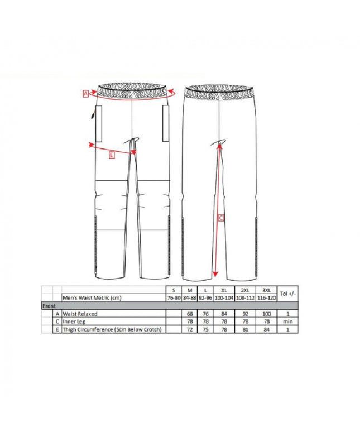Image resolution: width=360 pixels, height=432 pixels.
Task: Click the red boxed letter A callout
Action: tap(85, 94)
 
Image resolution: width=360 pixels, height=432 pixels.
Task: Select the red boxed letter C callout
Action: tap(221, 218)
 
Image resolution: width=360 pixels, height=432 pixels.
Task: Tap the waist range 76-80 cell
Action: tap(173, 299)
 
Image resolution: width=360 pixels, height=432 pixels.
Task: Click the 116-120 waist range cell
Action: tap(267, 299)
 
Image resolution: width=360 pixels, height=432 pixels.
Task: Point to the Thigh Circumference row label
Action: tap(112, 330)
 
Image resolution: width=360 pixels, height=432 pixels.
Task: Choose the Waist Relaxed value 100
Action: tap(267, 314)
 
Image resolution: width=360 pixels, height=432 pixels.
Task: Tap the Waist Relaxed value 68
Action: tap(190, 314)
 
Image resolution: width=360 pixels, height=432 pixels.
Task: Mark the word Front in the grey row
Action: tap(50, 306)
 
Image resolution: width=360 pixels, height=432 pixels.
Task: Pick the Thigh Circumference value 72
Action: tap(190, 330)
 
